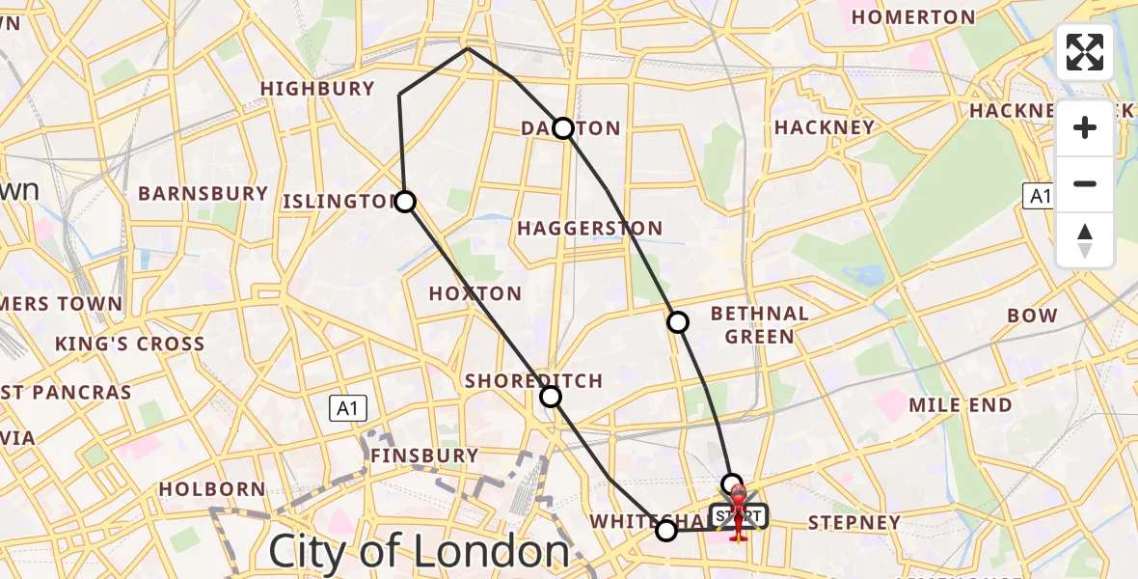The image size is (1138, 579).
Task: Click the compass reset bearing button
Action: (1085, 240)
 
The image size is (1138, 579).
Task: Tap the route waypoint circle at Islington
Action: (405, 202)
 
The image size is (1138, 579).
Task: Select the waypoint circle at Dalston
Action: (563, 128)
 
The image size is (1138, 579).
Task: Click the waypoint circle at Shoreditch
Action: (550, 397)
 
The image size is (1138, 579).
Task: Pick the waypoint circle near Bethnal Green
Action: (679, 322)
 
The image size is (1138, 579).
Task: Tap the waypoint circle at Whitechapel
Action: (666, 530)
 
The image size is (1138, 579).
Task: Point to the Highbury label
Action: (317, 89)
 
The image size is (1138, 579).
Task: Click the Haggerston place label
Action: (589, 229)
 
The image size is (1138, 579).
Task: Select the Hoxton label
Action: (474, 294)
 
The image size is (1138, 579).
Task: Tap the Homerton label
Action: (913, 17)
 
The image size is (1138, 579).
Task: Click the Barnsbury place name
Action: (203, 194)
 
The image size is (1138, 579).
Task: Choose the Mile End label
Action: (962, 405)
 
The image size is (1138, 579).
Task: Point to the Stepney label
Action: (853, 523)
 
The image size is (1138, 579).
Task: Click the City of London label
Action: (419, 552)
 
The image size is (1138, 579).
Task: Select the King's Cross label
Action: (129, 345)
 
